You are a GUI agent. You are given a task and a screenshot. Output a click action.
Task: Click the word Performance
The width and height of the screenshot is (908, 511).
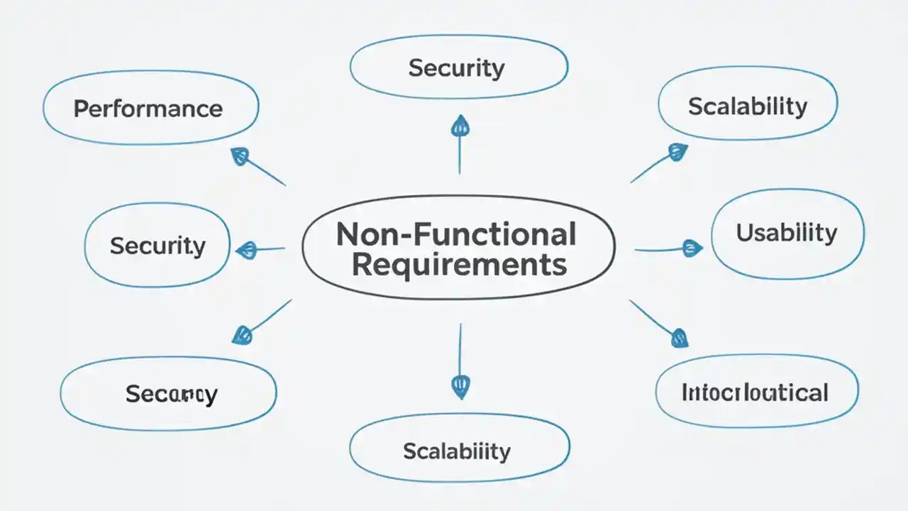point(148,109)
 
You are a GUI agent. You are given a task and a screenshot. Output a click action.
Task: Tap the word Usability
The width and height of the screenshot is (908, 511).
point(786,233)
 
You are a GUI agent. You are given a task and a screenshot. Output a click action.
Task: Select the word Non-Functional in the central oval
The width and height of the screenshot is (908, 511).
point(455,234)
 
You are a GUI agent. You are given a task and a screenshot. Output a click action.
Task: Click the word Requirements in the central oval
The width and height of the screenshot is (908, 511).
point(459,265)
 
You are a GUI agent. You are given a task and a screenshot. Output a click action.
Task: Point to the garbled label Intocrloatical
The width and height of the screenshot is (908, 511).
point(755,392)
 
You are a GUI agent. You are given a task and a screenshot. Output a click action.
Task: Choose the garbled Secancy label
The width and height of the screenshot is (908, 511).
point(171,394)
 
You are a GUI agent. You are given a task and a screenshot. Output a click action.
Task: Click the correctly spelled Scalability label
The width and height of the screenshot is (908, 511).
point(748,106)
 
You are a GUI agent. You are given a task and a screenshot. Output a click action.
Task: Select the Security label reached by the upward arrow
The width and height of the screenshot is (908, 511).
point(456,68)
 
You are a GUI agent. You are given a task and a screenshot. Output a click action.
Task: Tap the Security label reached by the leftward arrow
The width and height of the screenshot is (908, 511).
point(157,246)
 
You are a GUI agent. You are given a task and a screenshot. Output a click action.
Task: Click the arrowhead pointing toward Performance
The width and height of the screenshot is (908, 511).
point(240,156)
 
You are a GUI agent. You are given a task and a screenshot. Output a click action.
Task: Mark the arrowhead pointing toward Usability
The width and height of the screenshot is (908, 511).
point(690,248)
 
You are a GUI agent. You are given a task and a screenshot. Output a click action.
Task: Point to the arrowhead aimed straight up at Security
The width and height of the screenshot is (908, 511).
point(460,126)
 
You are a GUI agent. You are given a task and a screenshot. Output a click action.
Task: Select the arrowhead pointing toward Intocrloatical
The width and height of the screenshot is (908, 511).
point(679,337)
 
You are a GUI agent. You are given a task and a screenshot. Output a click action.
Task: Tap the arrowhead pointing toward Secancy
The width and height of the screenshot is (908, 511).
point(242,334)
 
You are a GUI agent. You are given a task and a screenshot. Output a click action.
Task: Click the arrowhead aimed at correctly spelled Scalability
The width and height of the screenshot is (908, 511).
point(679,152)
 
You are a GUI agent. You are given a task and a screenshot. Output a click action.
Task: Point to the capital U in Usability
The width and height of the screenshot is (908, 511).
point(744,233)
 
